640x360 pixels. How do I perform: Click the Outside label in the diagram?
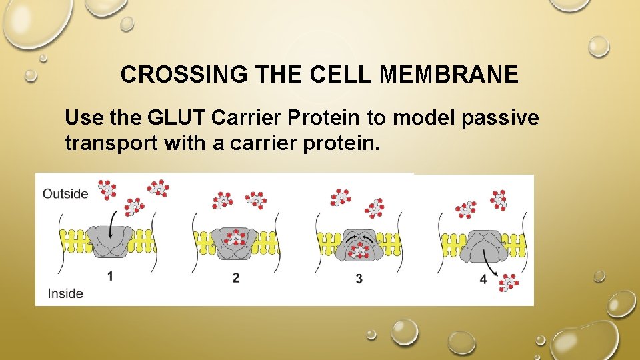pos(65,194)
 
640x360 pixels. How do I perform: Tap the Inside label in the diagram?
pos(65,293)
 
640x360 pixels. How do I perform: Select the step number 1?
pos(111,276)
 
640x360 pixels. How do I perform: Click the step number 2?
pos(235,277)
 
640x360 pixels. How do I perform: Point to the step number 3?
pos(359,278)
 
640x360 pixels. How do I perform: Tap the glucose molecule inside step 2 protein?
pos(234,238)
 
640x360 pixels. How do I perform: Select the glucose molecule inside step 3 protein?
pos(360,250)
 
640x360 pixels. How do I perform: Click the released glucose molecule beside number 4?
pos(509,282)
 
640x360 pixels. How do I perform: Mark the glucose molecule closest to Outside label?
pos(106,189)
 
